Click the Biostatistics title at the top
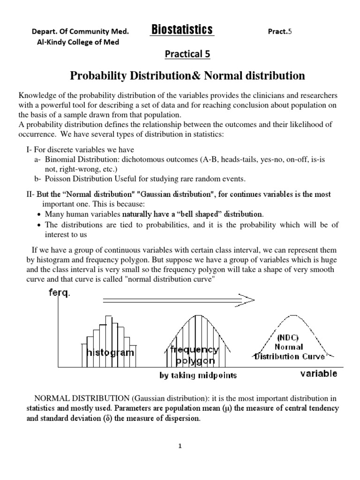coord(182,30)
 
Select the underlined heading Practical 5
coord(187,54)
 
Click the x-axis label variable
coord(319,373)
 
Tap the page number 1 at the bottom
coord(180,447)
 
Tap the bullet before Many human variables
coord(38,214)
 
